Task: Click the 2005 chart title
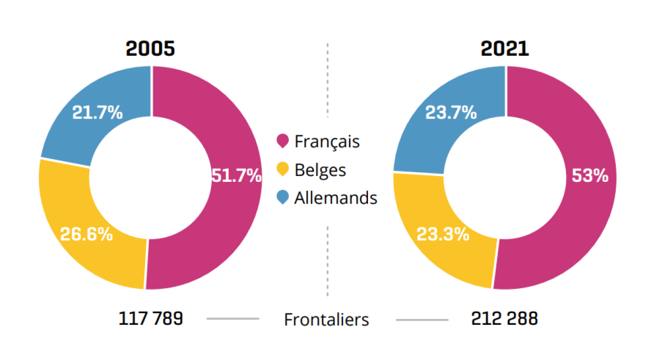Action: click(x=150, y=49)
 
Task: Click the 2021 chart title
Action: click(x=505, y=49)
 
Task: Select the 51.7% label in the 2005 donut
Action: click(x=236, y=175)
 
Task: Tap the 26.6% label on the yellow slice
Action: click(x=86, y=234)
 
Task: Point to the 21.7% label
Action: click(x=97, y=113)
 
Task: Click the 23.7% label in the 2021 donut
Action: click(x=451, y=113)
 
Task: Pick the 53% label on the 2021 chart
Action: click(x=590, y=175)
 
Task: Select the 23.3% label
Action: click(x=443, y=234)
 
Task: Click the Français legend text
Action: click(x=327, y=142)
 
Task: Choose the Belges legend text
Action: click(x=320, y=170)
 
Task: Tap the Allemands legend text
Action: click(x=336, y=198)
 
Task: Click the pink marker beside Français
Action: click(x=283, y=141)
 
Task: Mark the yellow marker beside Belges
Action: click(x=283, y=170)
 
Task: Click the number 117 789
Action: click(x=151, y=319)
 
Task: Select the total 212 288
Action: click(x=504, y=319)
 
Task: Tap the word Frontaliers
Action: click(x=326, y=320)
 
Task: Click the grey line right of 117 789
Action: click(x=232, y=319)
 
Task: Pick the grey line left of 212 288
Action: click(x=422, y=320)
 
